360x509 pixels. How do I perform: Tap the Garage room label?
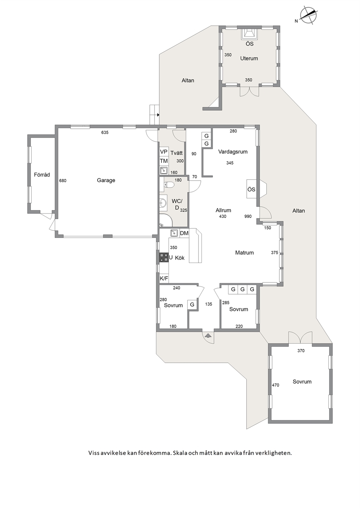coord(106,180)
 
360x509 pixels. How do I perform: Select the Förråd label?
coord(42,175)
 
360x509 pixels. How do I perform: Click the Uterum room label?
coord(249,58)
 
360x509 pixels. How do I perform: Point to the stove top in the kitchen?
coord(164,258)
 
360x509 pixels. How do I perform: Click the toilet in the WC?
coord(169,185)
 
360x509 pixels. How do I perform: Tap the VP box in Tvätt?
coord(164,152)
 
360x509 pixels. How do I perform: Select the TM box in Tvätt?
coord(164,161)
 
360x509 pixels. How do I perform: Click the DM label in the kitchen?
coord(184,233)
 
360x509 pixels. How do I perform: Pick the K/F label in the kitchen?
coord(164,278)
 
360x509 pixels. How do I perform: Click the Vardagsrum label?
coord(233,152)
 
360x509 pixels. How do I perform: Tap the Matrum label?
coord(244,253)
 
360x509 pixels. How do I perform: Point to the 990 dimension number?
coord(248,216)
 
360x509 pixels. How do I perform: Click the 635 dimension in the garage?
coord(105,132)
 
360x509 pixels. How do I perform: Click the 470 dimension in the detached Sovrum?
coord(275,385)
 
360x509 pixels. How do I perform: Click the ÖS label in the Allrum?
coord(251,189)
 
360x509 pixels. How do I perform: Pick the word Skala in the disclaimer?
coord(180,453)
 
